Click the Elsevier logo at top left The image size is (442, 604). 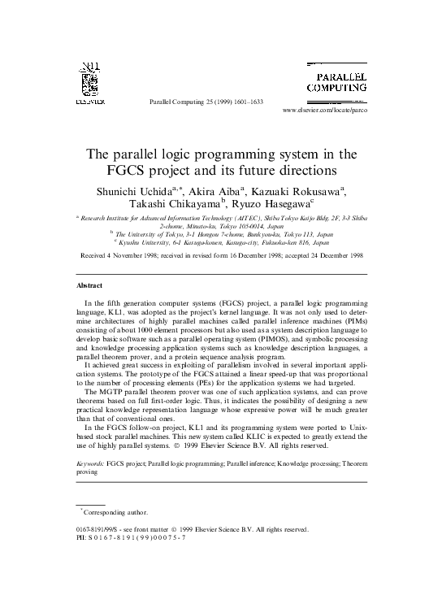86,83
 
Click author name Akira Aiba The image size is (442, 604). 218,190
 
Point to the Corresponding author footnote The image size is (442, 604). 115,512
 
